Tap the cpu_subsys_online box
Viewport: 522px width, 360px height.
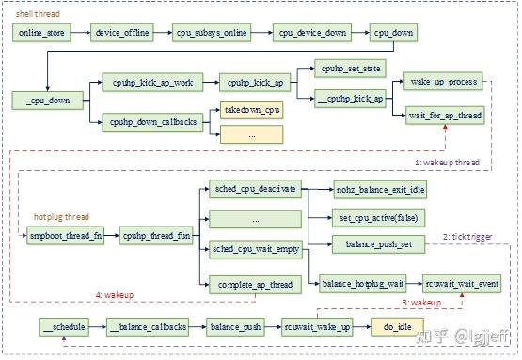pos(212,33)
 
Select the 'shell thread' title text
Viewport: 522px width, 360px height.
pos(36,14)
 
